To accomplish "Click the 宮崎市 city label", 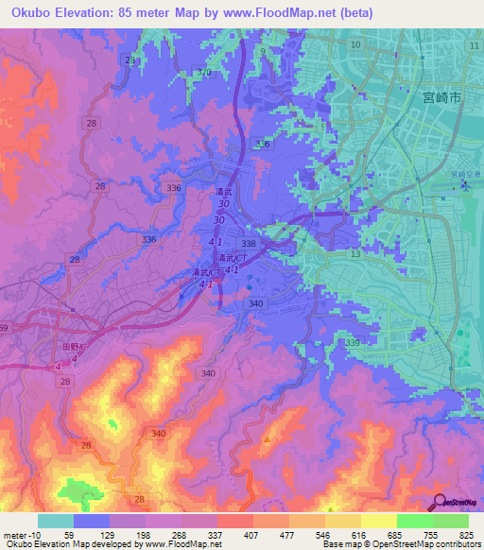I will tap(441, 97).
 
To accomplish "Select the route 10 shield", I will tap(355, 45).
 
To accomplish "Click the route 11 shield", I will tap(473, 45).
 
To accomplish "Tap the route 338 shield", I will tap(261, 244).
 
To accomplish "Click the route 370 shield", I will tap(206, 73).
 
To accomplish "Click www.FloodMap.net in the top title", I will tap(283, 13).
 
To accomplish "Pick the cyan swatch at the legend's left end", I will tap(55, 520).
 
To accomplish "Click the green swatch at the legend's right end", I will tap(450, 520).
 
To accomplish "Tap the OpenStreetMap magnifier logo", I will tap(439, 503).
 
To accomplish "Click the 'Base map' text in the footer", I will tap(339, 544).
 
